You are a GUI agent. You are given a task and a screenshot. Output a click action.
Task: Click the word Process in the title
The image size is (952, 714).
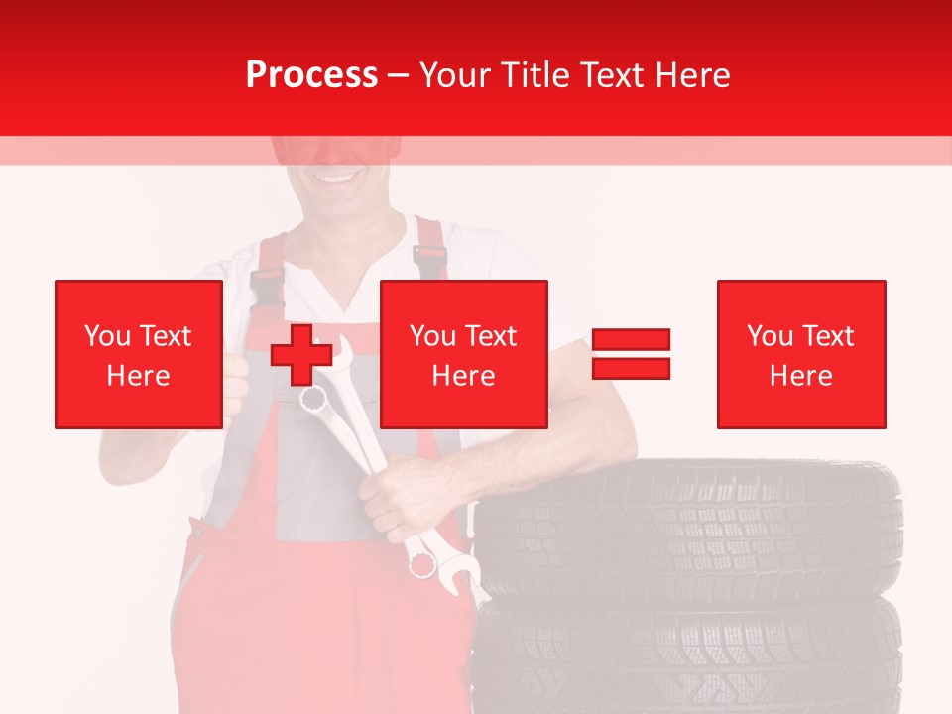(x=311, y=75)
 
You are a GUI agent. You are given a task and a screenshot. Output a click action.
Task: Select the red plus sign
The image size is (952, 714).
(x=300, y=355)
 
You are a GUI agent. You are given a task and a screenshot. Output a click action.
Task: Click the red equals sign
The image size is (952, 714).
(x=631, y=354)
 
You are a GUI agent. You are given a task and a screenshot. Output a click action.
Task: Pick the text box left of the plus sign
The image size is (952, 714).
(x=139, y=354)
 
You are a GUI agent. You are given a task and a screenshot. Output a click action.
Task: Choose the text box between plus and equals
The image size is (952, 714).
(x=463, y=354)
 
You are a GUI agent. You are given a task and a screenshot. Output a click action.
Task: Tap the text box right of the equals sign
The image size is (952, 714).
(x=800, y=354)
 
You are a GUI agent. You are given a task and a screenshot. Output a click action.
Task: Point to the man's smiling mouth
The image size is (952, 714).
(x=338, y=179)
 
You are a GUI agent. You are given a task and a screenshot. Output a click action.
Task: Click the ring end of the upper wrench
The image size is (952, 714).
(x=314, y=399)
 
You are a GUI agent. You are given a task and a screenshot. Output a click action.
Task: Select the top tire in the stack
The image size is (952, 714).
(x=689, y=521)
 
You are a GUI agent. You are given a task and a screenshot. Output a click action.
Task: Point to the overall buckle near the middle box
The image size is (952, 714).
(x=428, y=260)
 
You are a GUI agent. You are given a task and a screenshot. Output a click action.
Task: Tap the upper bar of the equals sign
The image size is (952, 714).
(x=631, y=340)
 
